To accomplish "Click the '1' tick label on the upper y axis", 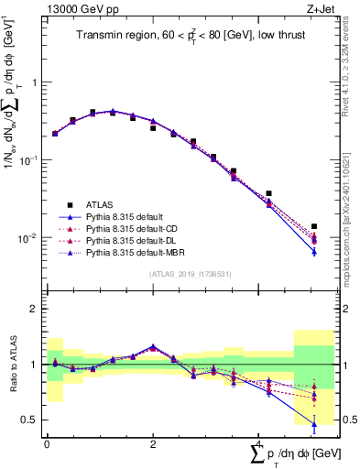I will [34, 82].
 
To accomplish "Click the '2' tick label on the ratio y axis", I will [34, 309].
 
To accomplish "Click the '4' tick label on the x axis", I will [259, 442].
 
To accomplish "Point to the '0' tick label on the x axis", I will [47, 442].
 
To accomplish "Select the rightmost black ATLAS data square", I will [314, 226].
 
